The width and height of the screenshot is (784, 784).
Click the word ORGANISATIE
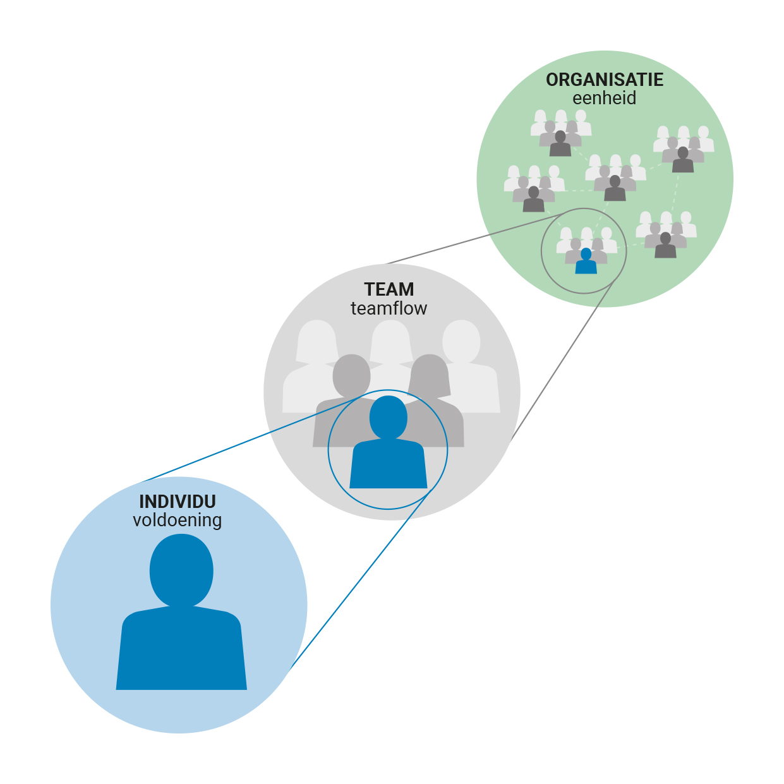coord(605,80)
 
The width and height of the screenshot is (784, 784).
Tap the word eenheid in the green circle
coord(604,99)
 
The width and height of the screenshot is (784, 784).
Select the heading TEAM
coord(389,289)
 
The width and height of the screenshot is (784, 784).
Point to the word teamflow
coord(389,308)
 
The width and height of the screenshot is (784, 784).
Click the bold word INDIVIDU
coord(178,502)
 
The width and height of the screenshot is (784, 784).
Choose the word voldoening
coord(178,521)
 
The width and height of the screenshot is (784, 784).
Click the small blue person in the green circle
coord(586,261)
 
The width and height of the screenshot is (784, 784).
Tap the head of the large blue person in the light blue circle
coord(181,570)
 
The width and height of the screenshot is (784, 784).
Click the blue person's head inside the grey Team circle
coord(388,416)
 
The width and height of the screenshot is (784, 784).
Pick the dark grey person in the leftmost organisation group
coord(534,200)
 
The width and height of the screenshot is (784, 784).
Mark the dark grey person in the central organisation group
coord(615,188)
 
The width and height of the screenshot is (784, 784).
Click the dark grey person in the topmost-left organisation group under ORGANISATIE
coord(560,144)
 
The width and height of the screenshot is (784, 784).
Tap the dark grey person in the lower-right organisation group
coord(665,246)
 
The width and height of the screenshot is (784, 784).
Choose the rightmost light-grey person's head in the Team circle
coord(462,341)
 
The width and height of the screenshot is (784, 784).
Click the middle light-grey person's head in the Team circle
coord(390,339)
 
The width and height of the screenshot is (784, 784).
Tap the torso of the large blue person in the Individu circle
coord(181,651)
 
